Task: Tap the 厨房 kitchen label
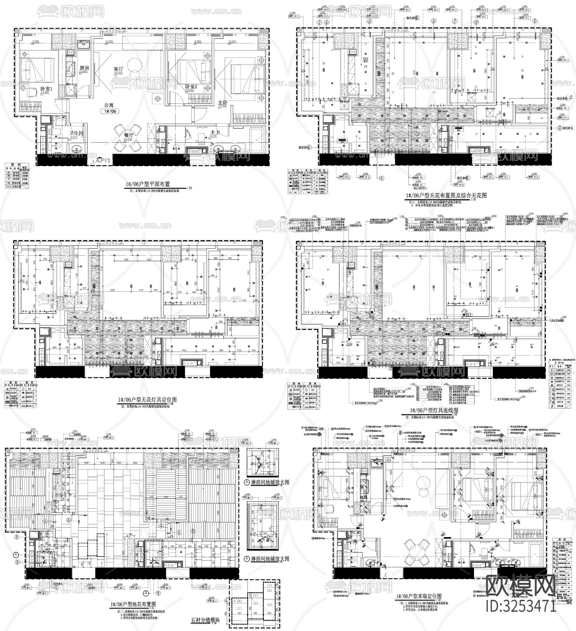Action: pos(84,68)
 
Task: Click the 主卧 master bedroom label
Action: pos(223,102)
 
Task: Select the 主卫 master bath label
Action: pos(215,133)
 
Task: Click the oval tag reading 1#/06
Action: pos(110,111)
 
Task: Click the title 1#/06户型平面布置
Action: pos(148,184)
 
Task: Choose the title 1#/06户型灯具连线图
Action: pos(432,410)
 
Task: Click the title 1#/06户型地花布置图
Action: pos(133,604)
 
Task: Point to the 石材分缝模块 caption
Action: pos(205,619)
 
